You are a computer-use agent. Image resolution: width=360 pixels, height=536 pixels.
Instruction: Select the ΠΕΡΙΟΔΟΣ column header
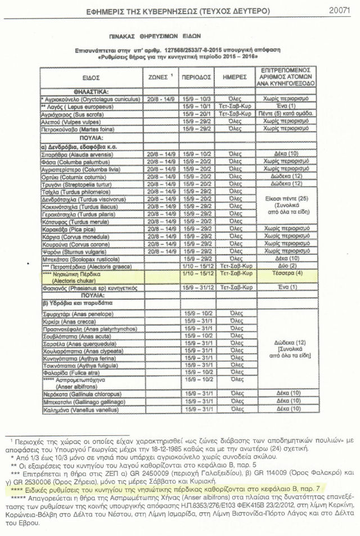click(196, 76)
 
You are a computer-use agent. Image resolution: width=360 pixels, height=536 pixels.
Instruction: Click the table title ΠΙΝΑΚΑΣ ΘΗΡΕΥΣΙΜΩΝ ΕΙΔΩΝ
click(179, 34)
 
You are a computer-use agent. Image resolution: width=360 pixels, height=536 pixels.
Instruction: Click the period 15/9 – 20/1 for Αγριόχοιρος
click(196, 113)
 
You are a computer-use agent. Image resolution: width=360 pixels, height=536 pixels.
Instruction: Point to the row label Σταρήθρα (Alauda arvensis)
click(74, 153)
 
